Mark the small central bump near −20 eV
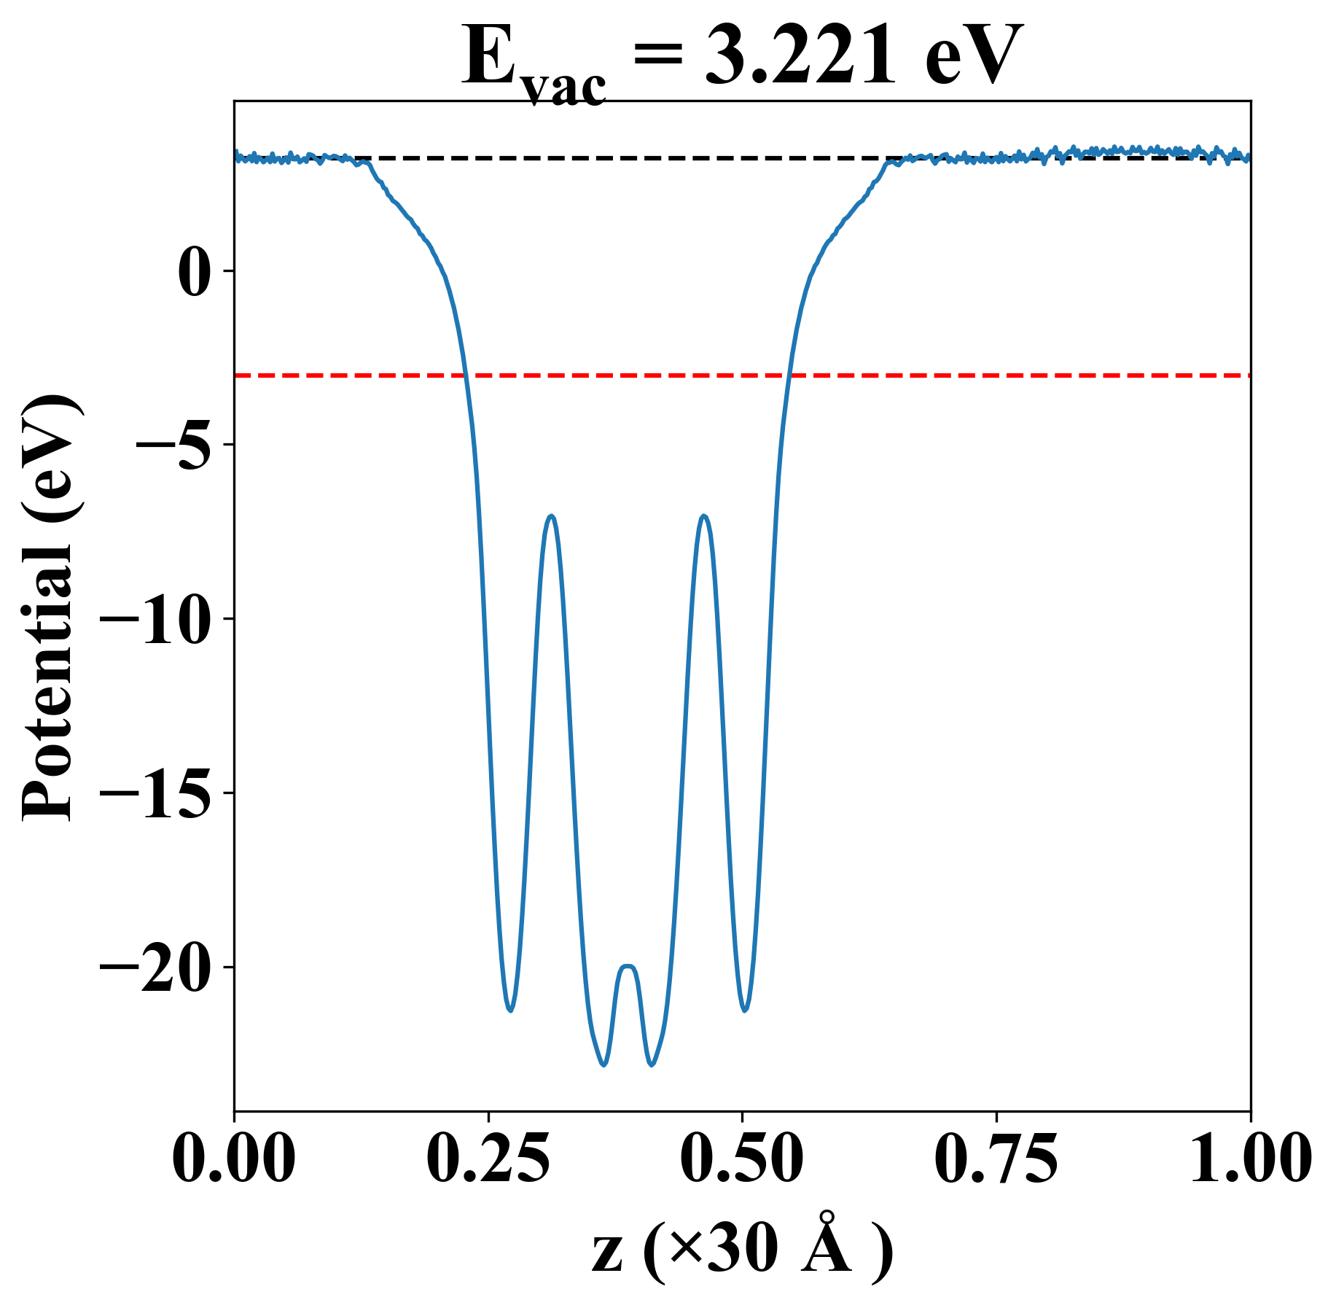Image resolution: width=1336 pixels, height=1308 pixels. click(x=628, y=967)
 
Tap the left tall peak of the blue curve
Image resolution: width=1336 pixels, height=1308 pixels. click(x=552, y=516)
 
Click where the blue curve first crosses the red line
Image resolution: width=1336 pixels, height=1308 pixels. click(x=465, y=375)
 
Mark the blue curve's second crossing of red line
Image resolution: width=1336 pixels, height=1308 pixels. click(x=789, y=375)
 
